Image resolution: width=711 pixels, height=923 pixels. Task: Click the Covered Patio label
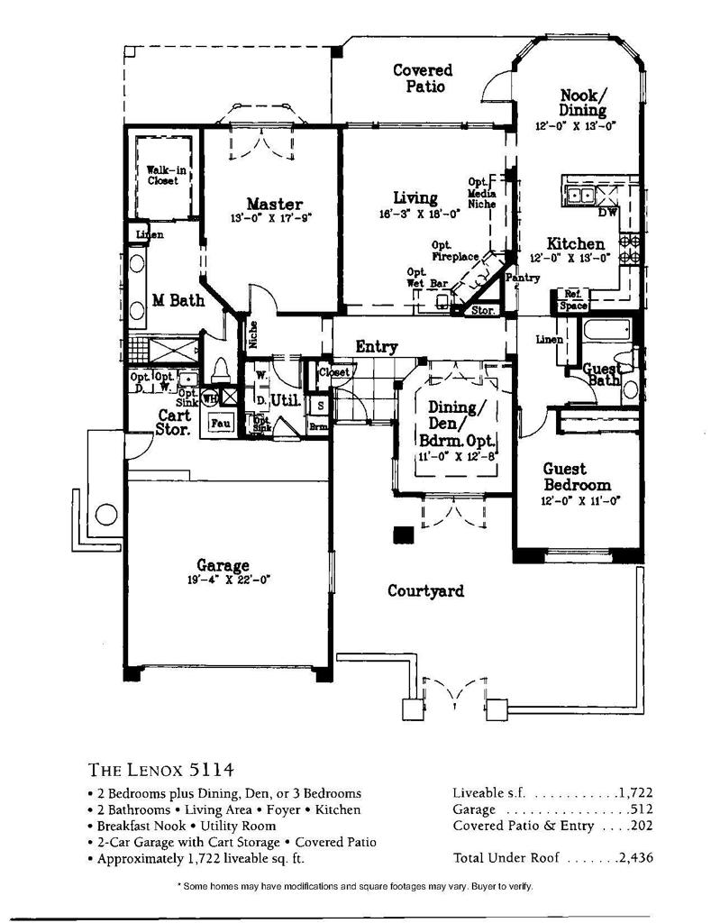click(423, 78)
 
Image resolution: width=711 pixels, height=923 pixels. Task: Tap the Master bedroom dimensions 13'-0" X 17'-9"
click(270, 218)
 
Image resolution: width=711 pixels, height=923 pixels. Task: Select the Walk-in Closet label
click(162, 175)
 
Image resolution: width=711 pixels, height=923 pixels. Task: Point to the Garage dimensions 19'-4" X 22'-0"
click(230, 580)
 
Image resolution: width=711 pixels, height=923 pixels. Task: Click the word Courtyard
click(425, 591)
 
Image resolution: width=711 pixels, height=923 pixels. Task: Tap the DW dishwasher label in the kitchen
click(607, 213)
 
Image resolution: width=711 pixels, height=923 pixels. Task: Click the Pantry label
click(523, 278)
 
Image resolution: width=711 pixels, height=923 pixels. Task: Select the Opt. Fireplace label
click(454, 251)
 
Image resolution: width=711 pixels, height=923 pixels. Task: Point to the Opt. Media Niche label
click(482, 192)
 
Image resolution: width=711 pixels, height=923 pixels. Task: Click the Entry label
click(377, 346)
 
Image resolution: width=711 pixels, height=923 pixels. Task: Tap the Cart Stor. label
click(173, 423)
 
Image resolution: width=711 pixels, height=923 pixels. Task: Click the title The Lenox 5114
click(162, 770)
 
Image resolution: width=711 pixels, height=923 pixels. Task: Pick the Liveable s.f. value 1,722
click(634, 793)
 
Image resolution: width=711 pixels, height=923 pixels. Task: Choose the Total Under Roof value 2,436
click(634, 858)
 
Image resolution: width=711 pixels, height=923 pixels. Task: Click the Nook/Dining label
click(583, 103)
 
